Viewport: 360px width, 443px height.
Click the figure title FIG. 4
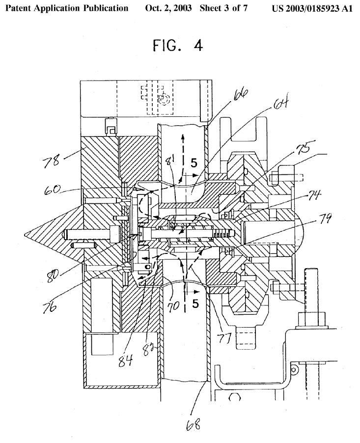pos(178,45)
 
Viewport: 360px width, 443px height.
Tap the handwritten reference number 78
pos(51,161)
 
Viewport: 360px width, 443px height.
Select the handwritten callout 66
pos(241,95)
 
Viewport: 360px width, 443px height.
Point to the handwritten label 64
pos(280,103)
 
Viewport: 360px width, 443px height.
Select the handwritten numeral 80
pos(54,274)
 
